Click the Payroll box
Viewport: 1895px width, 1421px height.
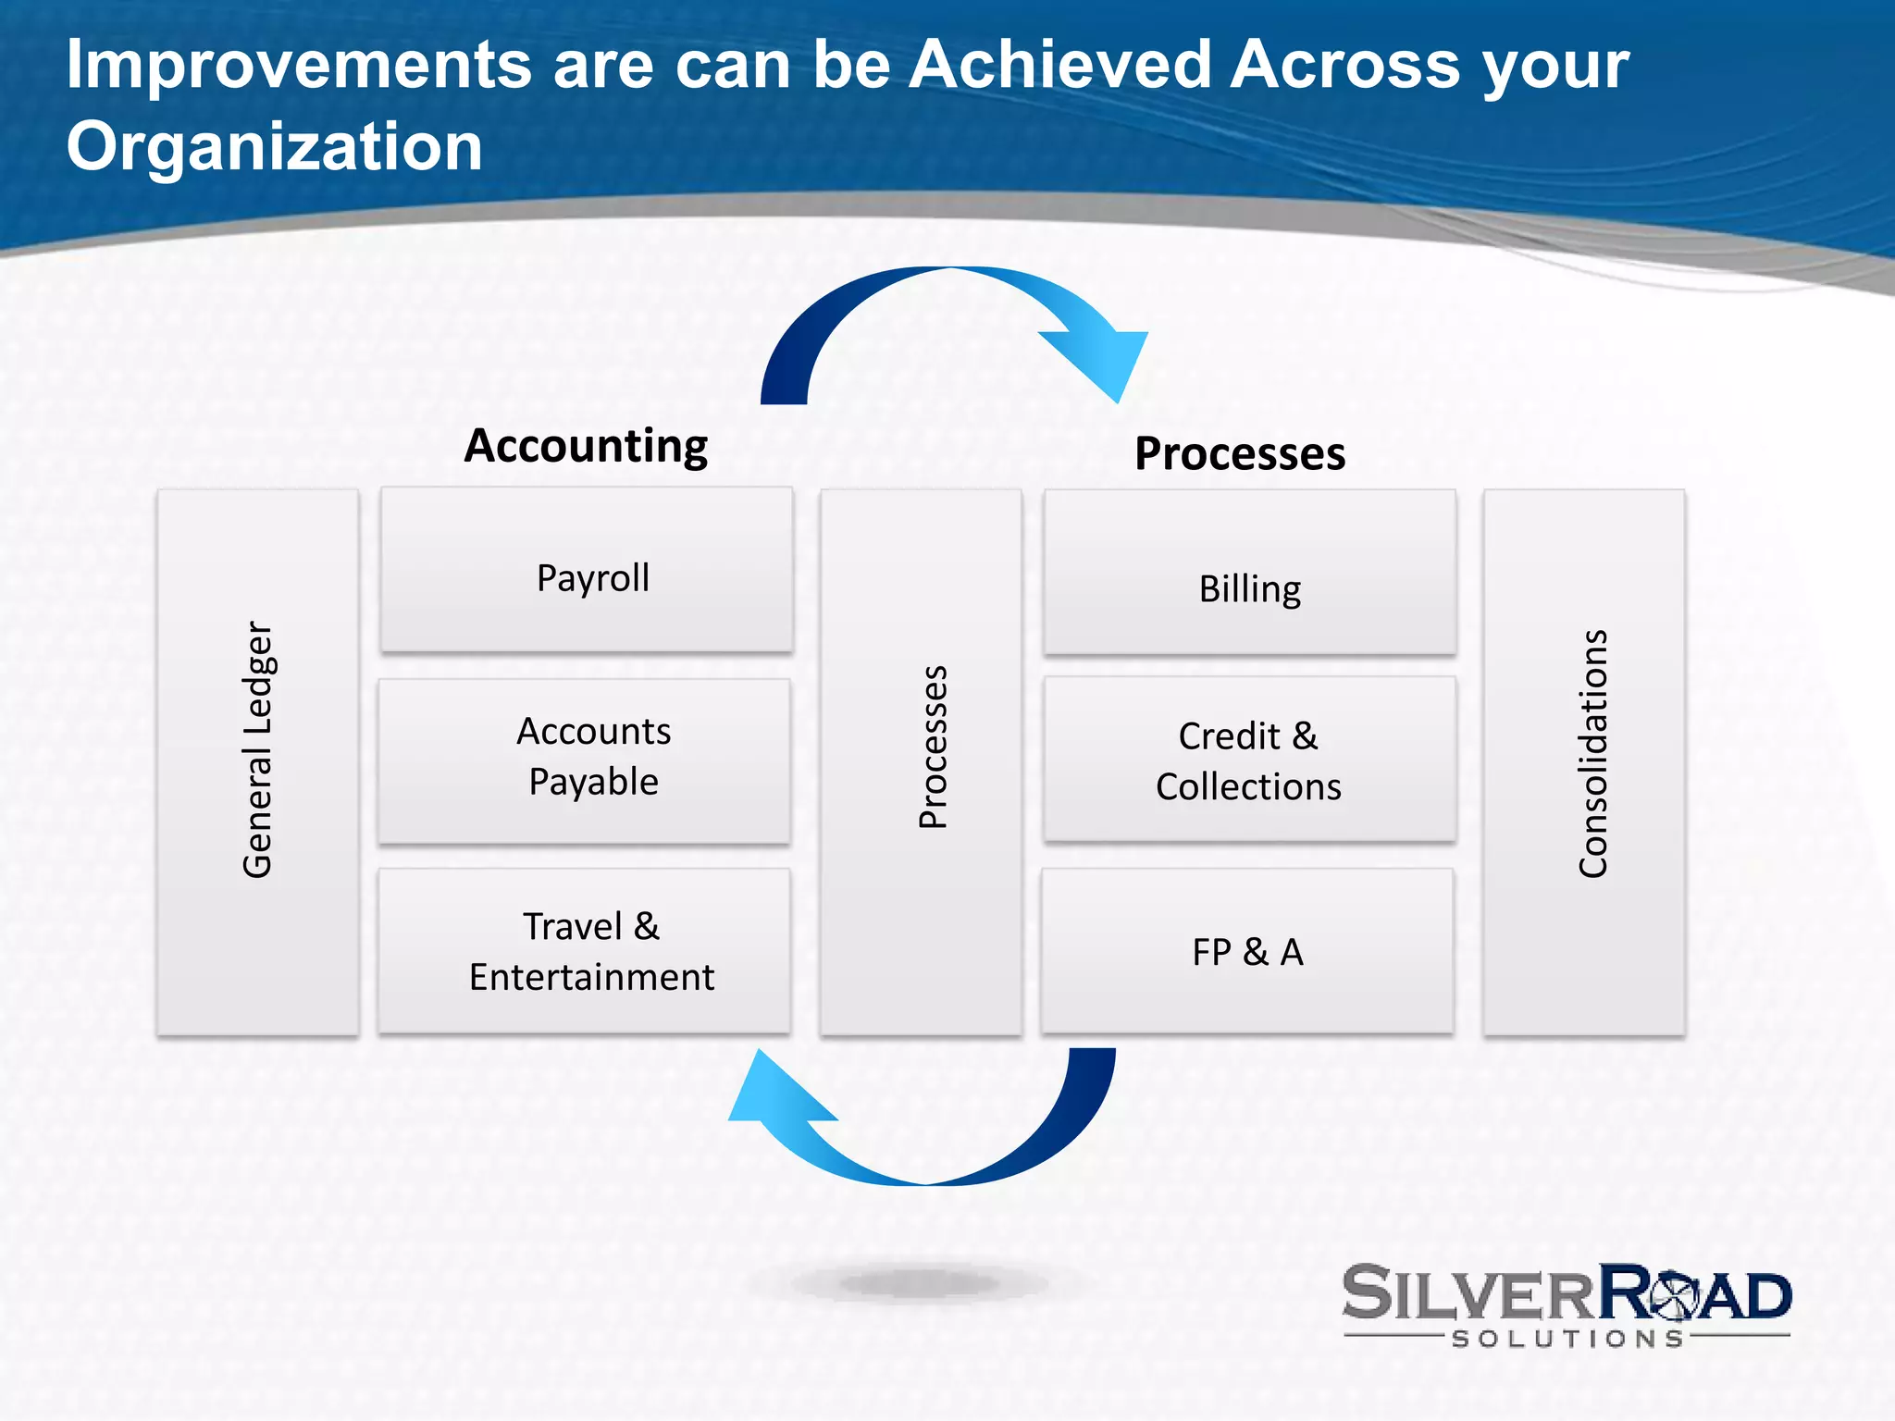coord(587,570)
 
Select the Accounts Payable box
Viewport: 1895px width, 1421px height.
coord(585,760)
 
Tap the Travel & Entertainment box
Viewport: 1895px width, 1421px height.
coord(585,951)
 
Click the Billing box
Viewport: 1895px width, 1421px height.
coord(1249,572)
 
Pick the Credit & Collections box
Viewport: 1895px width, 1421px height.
coord(1249,760)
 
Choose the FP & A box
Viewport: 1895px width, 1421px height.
coord(1247,951)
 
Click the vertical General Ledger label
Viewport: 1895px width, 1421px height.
coord(257,749)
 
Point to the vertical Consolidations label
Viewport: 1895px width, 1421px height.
coord(1593,753)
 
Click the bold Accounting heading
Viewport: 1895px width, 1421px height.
coord(586,446)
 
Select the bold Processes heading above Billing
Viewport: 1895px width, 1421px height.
coord(1240,453)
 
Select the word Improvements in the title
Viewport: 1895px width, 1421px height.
coord(298,65)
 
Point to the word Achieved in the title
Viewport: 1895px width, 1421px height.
coord(1059,65)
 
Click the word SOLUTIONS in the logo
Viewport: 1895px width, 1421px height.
coord(1567,1339)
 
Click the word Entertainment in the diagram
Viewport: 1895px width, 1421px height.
coord(591,977)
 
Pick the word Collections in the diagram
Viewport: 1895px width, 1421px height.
coord(1248,786)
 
